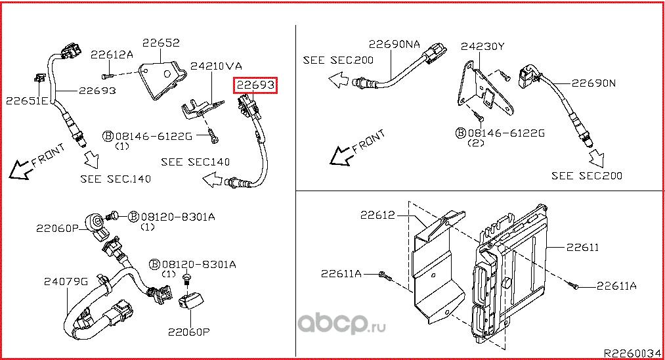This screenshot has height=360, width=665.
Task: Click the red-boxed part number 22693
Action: click(x=256, y=85)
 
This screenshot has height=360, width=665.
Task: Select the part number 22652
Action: click(x=161, y=43)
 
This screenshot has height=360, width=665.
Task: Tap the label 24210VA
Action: click(x=217, y=66)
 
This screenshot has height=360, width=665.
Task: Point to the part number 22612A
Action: click(x=112, y=55)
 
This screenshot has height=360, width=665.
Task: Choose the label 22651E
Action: click(x=27, y=101)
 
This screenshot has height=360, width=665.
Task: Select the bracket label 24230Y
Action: click(x=483, y=47)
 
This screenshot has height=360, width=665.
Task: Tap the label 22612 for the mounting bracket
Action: click(x=377, y=215)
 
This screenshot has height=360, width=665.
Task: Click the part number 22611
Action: click(x=582, y=247)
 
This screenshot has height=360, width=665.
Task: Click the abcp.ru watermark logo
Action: click(x=341, y=324)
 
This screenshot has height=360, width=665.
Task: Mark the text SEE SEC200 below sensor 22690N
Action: click(x=586, y=175)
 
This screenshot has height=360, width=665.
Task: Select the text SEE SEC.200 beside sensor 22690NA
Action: click(x=338, y=60)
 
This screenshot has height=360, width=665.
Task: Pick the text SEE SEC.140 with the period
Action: click(x=116, y=178)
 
